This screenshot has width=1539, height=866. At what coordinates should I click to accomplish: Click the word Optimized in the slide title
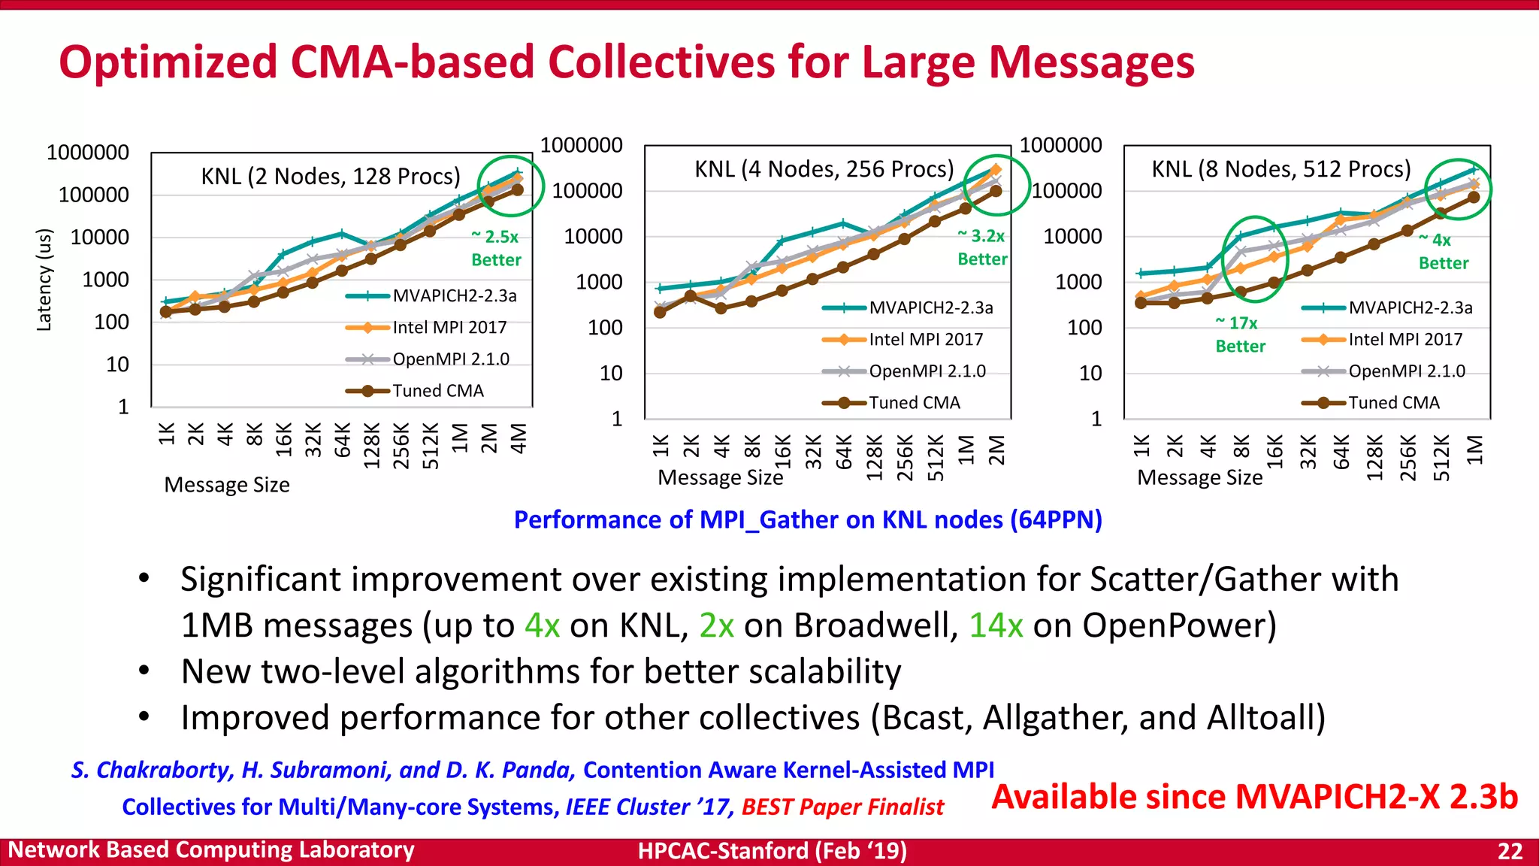(167, 62)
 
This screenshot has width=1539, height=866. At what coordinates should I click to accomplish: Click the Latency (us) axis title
(45, 280)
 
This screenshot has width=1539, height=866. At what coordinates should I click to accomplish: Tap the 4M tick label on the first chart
(519, 438)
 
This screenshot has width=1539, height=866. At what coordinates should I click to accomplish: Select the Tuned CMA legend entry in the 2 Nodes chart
(437, 391)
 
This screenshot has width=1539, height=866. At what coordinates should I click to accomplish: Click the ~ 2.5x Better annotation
(495, 248)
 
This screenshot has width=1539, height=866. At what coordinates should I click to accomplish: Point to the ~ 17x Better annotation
(1240, 335)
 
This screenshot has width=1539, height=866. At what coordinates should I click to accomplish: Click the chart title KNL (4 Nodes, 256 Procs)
(824, 169)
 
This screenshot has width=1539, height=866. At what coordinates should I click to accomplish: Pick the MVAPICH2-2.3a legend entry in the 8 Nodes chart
(1410, 307)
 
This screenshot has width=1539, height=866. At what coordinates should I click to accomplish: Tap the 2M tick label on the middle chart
(996, 450)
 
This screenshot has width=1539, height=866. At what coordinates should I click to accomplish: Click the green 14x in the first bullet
(995, 625)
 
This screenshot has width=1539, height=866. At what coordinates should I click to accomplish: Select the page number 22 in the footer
(1510, 851)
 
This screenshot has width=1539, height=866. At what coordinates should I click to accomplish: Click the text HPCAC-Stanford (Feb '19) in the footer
(772, 851)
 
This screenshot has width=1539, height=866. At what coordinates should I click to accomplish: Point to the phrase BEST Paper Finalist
(842, 807)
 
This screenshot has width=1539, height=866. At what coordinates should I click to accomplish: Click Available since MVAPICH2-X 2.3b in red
(1254, 797)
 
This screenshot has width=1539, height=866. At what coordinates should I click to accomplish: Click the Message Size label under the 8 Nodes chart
(1199, 478)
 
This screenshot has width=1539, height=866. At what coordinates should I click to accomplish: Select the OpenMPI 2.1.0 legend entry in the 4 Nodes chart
(927, 371)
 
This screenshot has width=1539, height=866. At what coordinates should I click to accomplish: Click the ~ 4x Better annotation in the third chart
(1443, 252)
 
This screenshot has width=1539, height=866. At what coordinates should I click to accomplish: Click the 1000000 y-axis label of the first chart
(88, 153)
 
